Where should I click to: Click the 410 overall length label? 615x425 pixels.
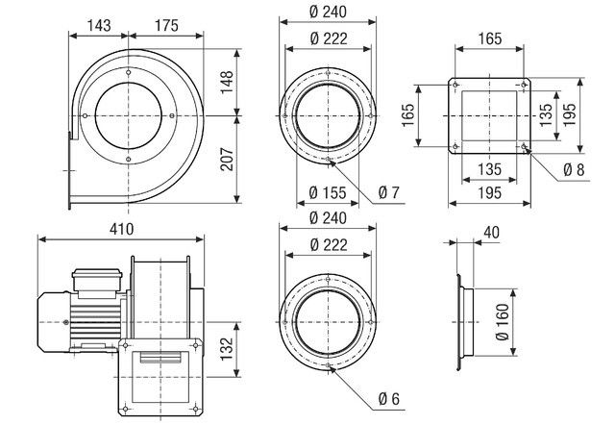122,230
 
